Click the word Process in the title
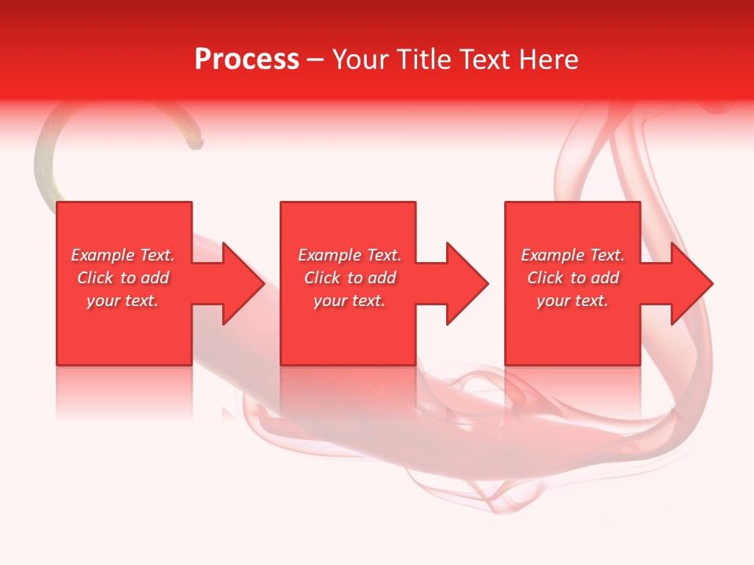pos(247,60)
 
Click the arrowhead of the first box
pos(240,283)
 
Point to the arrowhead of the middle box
pos(465,283)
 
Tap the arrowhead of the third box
pos(690,283)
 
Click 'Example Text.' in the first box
pos(123,255)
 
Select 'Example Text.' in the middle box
pos(350,255)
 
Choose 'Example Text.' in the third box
pos(573,255)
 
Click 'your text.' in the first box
pos(123,301)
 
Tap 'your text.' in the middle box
pos(350,301)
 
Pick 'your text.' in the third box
pos(573,301)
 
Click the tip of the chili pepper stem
pos(197,144)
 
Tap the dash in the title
pos(315,60)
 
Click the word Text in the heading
pos(482,60)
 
